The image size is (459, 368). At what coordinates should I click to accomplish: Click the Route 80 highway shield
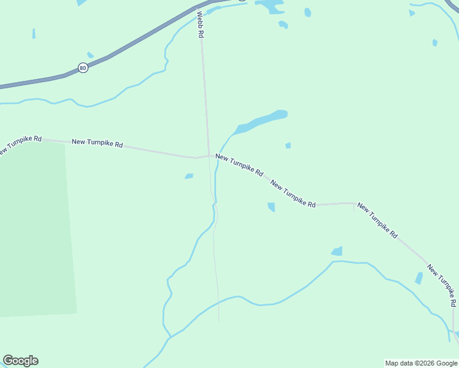tap(83, 67)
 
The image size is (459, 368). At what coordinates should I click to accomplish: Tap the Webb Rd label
tap(199, 25)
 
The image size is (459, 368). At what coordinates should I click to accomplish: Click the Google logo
tap(20, 361)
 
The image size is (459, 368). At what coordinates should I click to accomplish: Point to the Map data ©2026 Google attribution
tap(421, 363)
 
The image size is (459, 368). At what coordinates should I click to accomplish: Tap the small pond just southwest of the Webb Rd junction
tap(189, 176)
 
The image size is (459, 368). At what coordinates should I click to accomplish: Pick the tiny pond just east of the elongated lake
tap(288, 145)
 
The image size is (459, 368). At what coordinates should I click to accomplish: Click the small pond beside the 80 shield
tap(90, 55)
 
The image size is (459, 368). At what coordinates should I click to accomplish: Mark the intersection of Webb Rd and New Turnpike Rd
tap(209, 155)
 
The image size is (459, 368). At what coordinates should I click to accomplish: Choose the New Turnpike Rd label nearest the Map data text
tap(442, 286)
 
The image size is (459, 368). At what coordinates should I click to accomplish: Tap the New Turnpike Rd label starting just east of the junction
tap(239, 166)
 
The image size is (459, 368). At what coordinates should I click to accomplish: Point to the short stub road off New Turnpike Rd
tap(354, 207)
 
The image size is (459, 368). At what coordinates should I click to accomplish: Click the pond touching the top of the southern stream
tap(337, 251)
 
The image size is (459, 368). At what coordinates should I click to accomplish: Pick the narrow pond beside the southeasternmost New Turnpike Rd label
tap(419, 278)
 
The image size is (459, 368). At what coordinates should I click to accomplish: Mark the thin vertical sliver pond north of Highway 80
tap(34, 33)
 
